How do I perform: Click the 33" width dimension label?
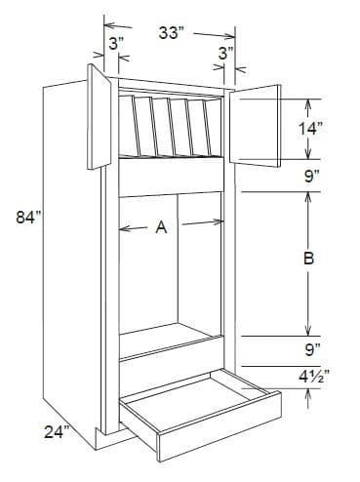click(x=172, y=33)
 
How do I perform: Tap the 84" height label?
click(x=29, y=217)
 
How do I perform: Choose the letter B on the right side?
click(x=308, y=260)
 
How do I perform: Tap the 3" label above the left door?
click(x=115, y=44)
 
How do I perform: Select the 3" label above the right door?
click(x=225, y=54)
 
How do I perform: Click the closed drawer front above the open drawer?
click(x=171, y=347)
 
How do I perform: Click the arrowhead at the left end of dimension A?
click(x=122, y=229)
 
